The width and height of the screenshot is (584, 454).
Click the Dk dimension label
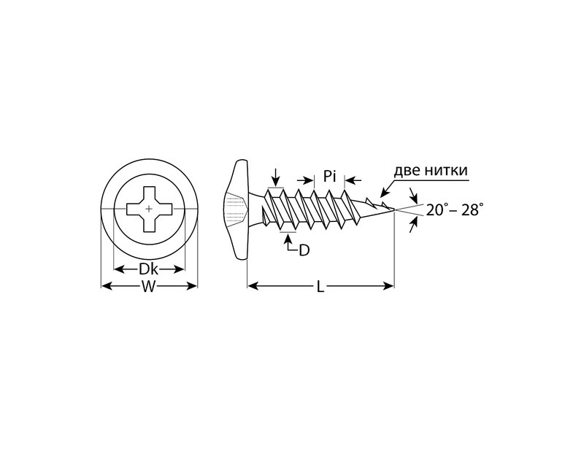point(149,269)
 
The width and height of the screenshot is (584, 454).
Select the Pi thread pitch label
point(329,176)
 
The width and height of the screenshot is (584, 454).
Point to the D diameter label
point(304,250)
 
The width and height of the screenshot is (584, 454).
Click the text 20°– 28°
point(455,210)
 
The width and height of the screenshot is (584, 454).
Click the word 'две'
point(409,170)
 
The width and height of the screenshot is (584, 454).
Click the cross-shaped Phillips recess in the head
point(149,209)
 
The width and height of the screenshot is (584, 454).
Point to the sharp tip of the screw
point(393,210)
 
